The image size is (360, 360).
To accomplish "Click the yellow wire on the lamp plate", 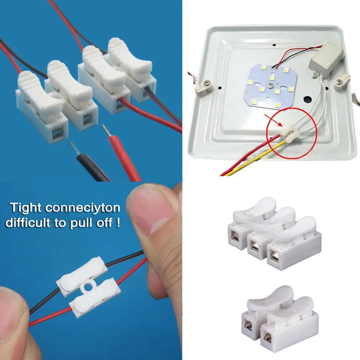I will pyautogui.click(x=252, y=160).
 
